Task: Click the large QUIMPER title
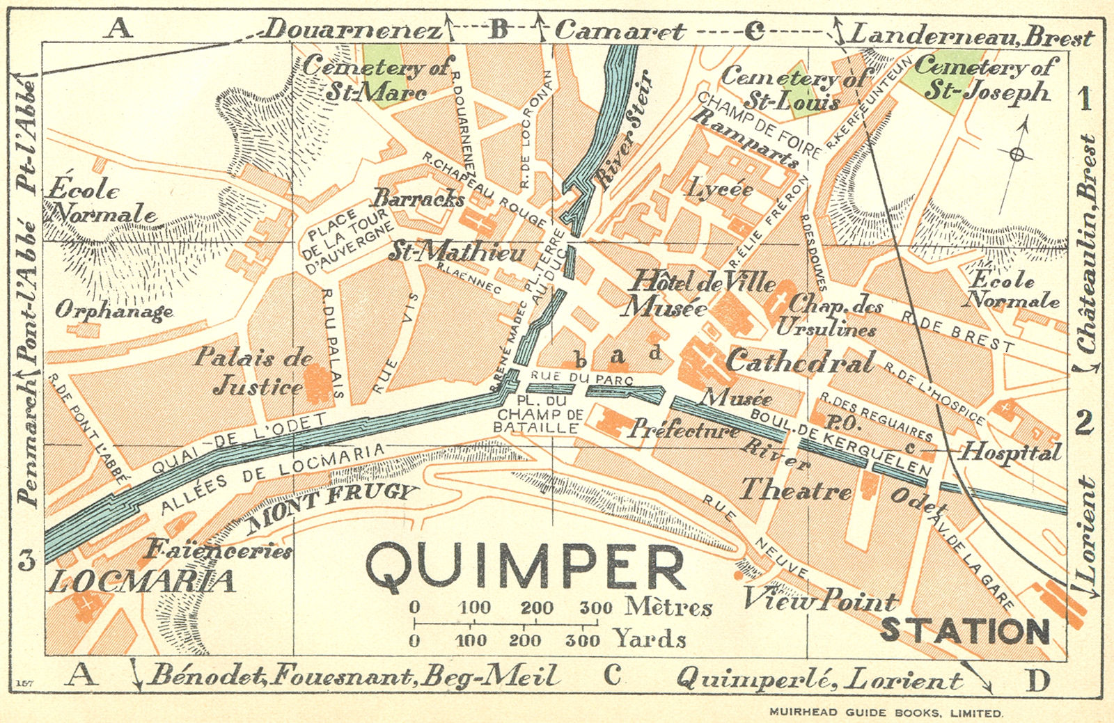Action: tap(526, 566)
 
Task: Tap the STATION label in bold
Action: tap(965, 630)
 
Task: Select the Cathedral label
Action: tap(799, 362)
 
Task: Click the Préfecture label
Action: tap(684, 429)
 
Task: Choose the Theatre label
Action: tap(795, 491)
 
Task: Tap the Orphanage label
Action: tap(113, 310)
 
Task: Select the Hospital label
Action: tap(1011, 452)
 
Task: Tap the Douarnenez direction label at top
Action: tap(353, 30)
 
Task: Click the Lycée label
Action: tap(721, 189)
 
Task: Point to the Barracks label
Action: tap(418, 198)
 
